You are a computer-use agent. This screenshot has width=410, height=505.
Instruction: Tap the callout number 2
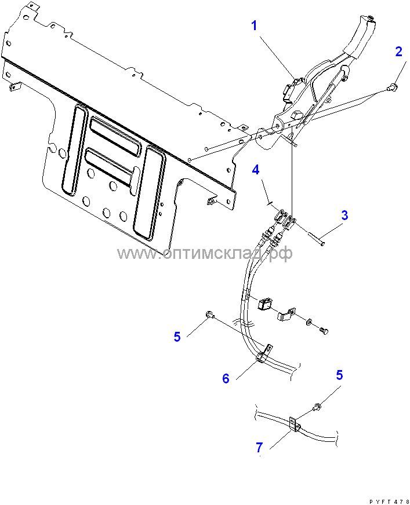point(398,52)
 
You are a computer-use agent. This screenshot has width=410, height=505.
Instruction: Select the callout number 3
point(344,215)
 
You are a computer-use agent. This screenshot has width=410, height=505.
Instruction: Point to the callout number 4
point(255,170)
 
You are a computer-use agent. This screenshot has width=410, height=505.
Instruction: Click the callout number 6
point(226,378)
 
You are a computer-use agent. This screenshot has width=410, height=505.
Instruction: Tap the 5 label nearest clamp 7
point(339,375)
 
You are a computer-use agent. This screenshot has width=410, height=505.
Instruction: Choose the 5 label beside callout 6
point(177,336)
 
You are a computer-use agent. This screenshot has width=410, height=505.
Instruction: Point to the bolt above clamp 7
point(317,408)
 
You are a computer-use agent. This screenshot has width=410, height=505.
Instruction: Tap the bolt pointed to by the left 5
point(210,314)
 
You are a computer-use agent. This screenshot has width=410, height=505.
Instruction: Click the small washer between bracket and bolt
point(309,321)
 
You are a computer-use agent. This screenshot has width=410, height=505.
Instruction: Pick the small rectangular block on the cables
point(266,303)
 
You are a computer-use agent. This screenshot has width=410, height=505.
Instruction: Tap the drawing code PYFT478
point(388,500)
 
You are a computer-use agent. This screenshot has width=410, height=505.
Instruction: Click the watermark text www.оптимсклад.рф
point(205,253)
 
